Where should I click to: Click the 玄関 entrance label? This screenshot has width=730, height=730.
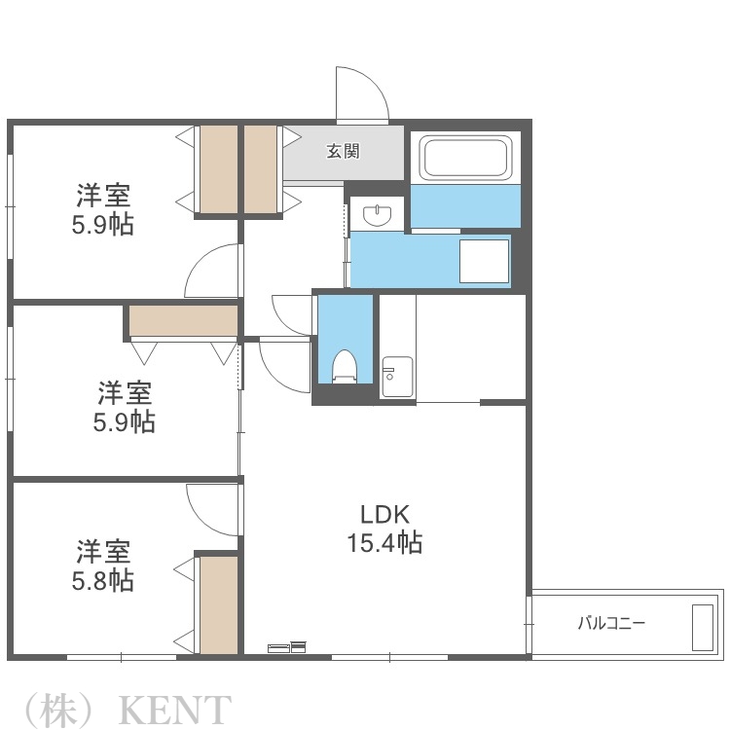[x=344, y=151]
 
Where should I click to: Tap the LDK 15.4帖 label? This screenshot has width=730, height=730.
[x=385, y=529]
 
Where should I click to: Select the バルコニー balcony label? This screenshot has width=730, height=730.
[x=611, y=623]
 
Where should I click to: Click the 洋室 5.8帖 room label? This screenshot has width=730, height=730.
[x=103, y=566]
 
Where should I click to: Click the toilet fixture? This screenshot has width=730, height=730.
[x=345, y=366]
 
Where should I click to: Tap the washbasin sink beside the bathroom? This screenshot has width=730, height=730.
[x=377, y=215]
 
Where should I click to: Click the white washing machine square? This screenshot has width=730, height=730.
[x=484, y=261]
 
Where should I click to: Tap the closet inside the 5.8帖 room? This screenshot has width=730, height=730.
[x=219, y=604]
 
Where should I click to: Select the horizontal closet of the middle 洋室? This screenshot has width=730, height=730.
[x=183, y=320]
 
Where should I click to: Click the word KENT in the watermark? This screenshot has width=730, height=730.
[x=175, y=710]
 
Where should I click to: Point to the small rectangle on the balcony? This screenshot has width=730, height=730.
[x=703, y=628]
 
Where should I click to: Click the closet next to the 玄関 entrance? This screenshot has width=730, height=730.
[x=260, y=169]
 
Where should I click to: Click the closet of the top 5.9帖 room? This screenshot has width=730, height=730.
[x=219, y=169]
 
